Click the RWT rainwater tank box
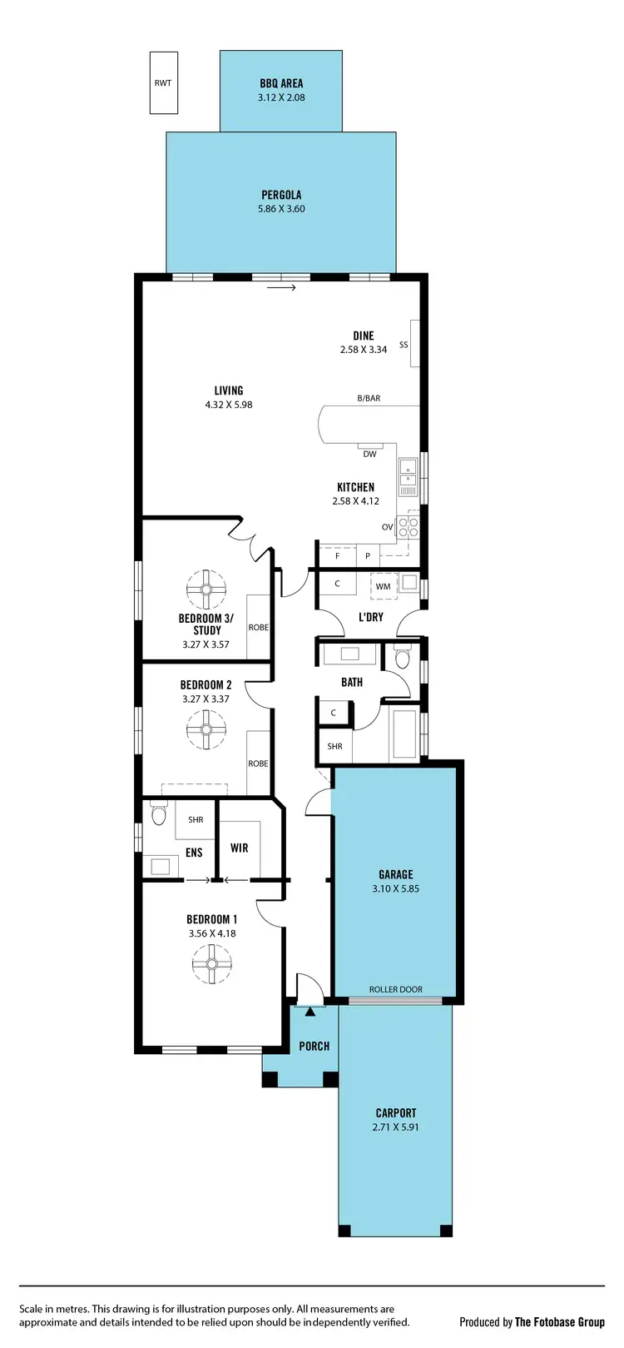(163, 82)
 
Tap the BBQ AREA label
(281, 83)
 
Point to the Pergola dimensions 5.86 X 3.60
(281, 209)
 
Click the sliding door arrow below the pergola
(282, 288)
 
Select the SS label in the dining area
(404, 345)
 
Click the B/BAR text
(369, 399)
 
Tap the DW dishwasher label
(369, 454)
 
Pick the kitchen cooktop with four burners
(408, 525)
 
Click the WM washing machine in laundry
(384, 586)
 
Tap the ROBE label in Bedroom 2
(258, 764)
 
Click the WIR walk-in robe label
(240, 848)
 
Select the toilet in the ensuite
(157, 812)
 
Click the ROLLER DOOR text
(396, 990)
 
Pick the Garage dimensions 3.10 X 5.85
(396, 888)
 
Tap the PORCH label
(314, 1047)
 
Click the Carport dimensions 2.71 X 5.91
(395, 1127)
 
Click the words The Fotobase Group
(559, 1322)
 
